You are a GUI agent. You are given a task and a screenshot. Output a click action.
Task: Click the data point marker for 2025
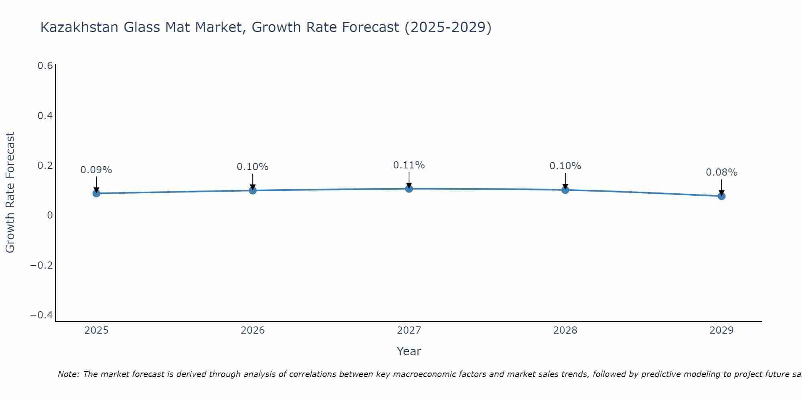coord(96,193)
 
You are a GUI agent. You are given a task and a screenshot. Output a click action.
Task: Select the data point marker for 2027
coord(409,188)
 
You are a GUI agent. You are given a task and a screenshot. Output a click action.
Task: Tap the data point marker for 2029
coord(721,196)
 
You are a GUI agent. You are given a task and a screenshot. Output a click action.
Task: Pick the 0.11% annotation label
coord(409,165)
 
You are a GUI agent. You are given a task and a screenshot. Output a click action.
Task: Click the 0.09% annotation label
coord(96,170)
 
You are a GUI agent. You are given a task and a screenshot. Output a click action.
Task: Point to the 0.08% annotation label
coord(721,172)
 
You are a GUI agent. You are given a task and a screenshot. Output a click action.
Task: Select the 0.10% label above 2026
coord(252,167)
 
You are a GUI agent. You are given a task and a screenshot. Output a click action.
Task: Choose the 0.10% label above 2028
coord(565,166)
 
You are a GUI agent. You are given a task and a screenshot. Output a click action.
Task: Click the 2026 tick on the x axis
coord(253,330)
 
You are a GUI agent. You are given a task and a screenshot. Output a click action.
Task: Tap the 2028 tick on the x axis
coord(565,330)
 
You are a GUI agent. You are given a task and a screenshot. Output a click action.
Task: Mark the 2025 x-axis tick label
coord(97,330)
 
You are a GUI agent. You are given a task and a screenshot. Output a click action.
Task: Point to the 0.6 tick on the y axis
coord(45,66)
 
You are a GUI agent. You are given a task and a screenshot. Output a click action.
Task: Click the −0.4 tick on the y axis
coord(42,315)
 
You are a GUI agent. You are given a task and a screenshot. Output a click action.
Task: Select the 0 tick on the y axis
coord(50,215)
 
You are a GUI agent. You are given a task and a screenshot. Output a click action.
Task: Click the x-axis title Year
coord(409,351)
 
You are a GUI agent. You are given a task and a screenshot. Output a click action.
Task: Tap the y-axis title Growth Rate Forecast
coord(10,192)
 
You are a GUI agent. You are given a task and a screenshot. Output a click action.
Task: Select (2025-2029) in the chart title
coord(448,27)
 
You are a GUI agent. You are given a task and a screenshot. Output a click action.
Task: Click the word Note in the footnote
coord(68,374)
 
